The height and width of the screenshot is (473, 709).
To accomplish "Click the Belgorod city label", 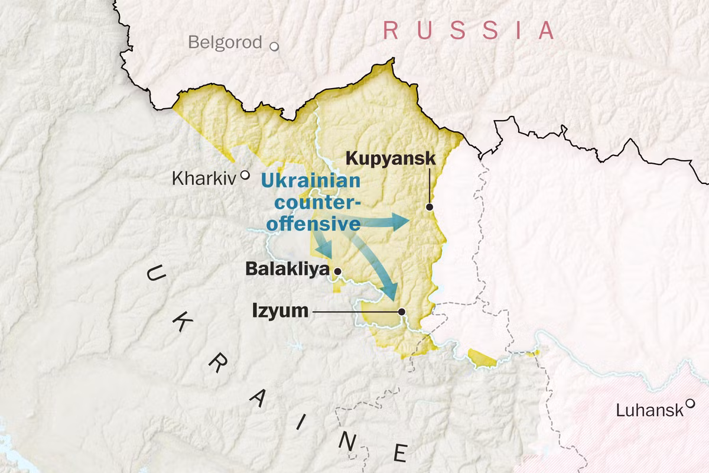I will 225,43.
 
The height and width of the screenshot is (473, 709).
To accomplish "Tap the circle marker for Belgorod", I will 274,46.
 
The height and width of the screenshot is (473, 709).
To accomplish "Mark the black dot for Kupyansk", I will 430,207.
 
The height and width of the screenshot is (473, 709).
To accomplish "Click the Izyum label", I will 280,310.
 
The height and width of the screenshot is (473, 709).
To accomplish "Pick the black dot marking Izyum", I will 402,311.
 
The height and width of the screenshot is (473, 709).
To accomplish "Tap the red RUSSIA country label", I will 469,30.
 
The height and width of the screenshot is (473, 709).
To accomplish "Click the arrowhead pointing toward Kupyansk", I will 402,222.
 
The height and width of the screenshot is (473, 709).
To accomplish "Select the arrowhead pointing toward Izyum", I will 390,291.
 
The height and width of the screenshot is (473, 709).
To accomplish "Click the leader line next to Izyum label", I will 354,311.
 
